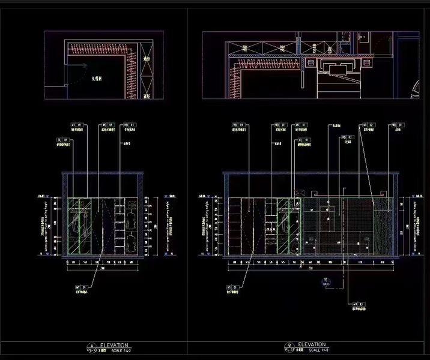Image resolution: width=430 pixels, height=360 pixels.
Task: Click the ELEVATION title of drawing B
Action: pyautogui.click(x=312, y=345)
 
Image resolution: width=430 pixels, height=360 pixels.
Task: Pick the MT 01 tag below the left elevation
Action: pyautogui.click(x=80, y=287)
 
